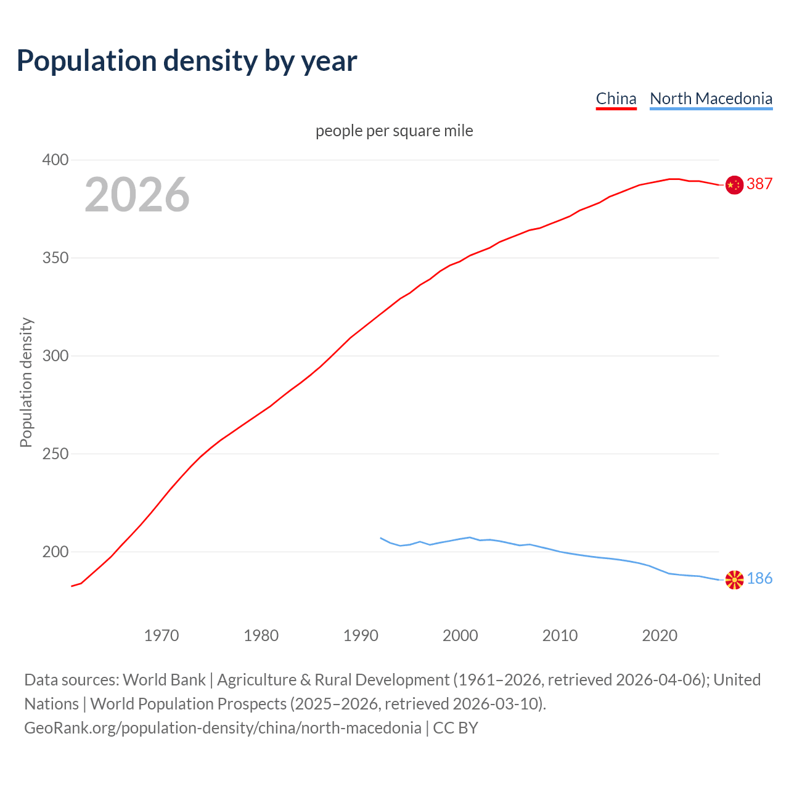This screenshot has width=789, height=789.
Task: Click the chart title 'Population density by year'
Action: point(187,60)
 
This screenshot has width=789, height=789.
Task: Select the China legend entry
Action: point(616,99)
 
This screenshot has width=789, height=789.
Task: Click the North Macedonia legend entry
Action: point(711,99)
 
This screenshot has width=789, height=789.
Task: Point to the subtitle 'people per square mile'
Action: point(394,131)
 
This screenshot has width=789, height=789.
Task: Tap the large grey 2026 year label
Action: point(137,195)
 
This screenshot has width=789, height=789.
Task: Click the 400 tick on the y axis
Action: point(55,160)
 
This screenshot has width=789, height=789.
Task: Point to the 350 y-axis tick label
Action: point(55,258)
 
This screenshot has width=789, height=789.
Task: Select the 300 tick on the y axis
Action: point(55,356)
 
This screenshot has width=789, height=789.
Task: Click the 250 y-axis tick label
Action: point(55,454)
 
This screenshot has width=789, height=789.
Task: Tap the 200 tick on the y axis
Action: point(55,552)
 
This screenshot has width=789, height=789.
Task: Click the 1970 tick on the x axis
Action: point(161,636)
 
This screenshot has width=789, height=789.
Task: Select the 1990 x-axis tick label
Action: point(361,636)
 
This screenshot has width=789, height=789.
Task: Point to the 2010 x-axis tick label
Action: point(560,636)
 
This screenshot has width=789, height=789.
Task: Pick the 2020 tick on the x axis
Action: point(660,636)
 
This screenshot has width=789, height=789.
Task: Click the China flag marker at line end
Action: point(734,185)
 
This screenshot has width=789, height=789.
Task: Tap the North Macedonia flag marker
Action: point(734,580)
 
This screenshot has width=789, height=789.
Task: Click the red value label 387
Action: point(759,184)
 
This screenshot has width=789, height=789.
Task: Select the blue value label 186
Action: point(759,578)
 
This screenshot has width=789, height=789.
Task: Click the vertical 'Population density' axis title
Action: point(26,382)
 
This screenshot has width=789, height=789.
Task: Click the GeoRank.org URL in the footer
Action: point(223,728)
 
